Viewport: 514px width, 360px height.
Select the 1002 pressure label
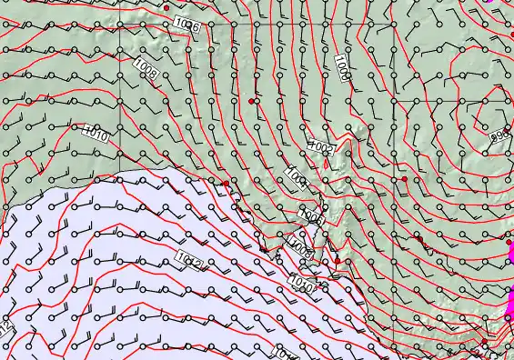322,146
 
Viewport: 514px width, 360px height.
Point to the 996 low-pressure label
500,135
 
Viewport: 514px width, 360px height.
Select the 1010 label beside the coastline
303,285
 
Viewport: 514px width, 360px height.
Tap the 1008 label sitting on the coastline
299,245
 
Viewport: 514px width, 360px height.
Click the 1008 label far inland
146,67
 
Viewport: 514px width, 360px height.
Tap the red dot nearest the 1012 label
226,184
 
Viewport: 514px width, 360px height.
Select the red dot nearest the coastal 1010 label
337,261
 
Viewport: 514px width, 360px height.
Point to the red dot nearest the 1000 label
251,100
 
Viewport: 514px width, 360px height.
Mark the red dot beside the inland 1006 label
167,7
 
